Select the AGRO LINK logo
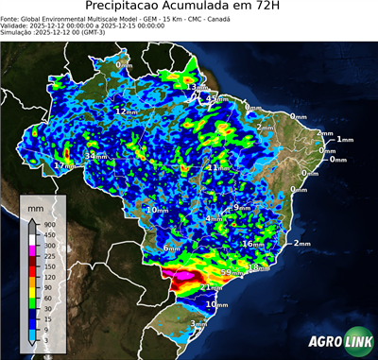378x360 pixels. coord(336,341)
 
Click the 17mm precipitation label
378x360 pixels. coord(63,166)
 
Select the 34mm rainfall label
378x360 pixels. coord(95,155)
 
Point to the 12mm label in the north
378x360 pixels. coord(125,111)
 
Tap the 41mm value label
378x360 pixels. coord(215,168)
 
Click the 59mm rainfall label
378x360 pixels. coord(231,272)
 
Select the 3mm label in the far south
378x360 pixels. coord(198,324)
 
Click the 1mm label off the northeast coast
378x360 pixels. coord(344,139)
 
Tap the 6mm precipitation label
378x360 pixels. coord(171,249)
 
